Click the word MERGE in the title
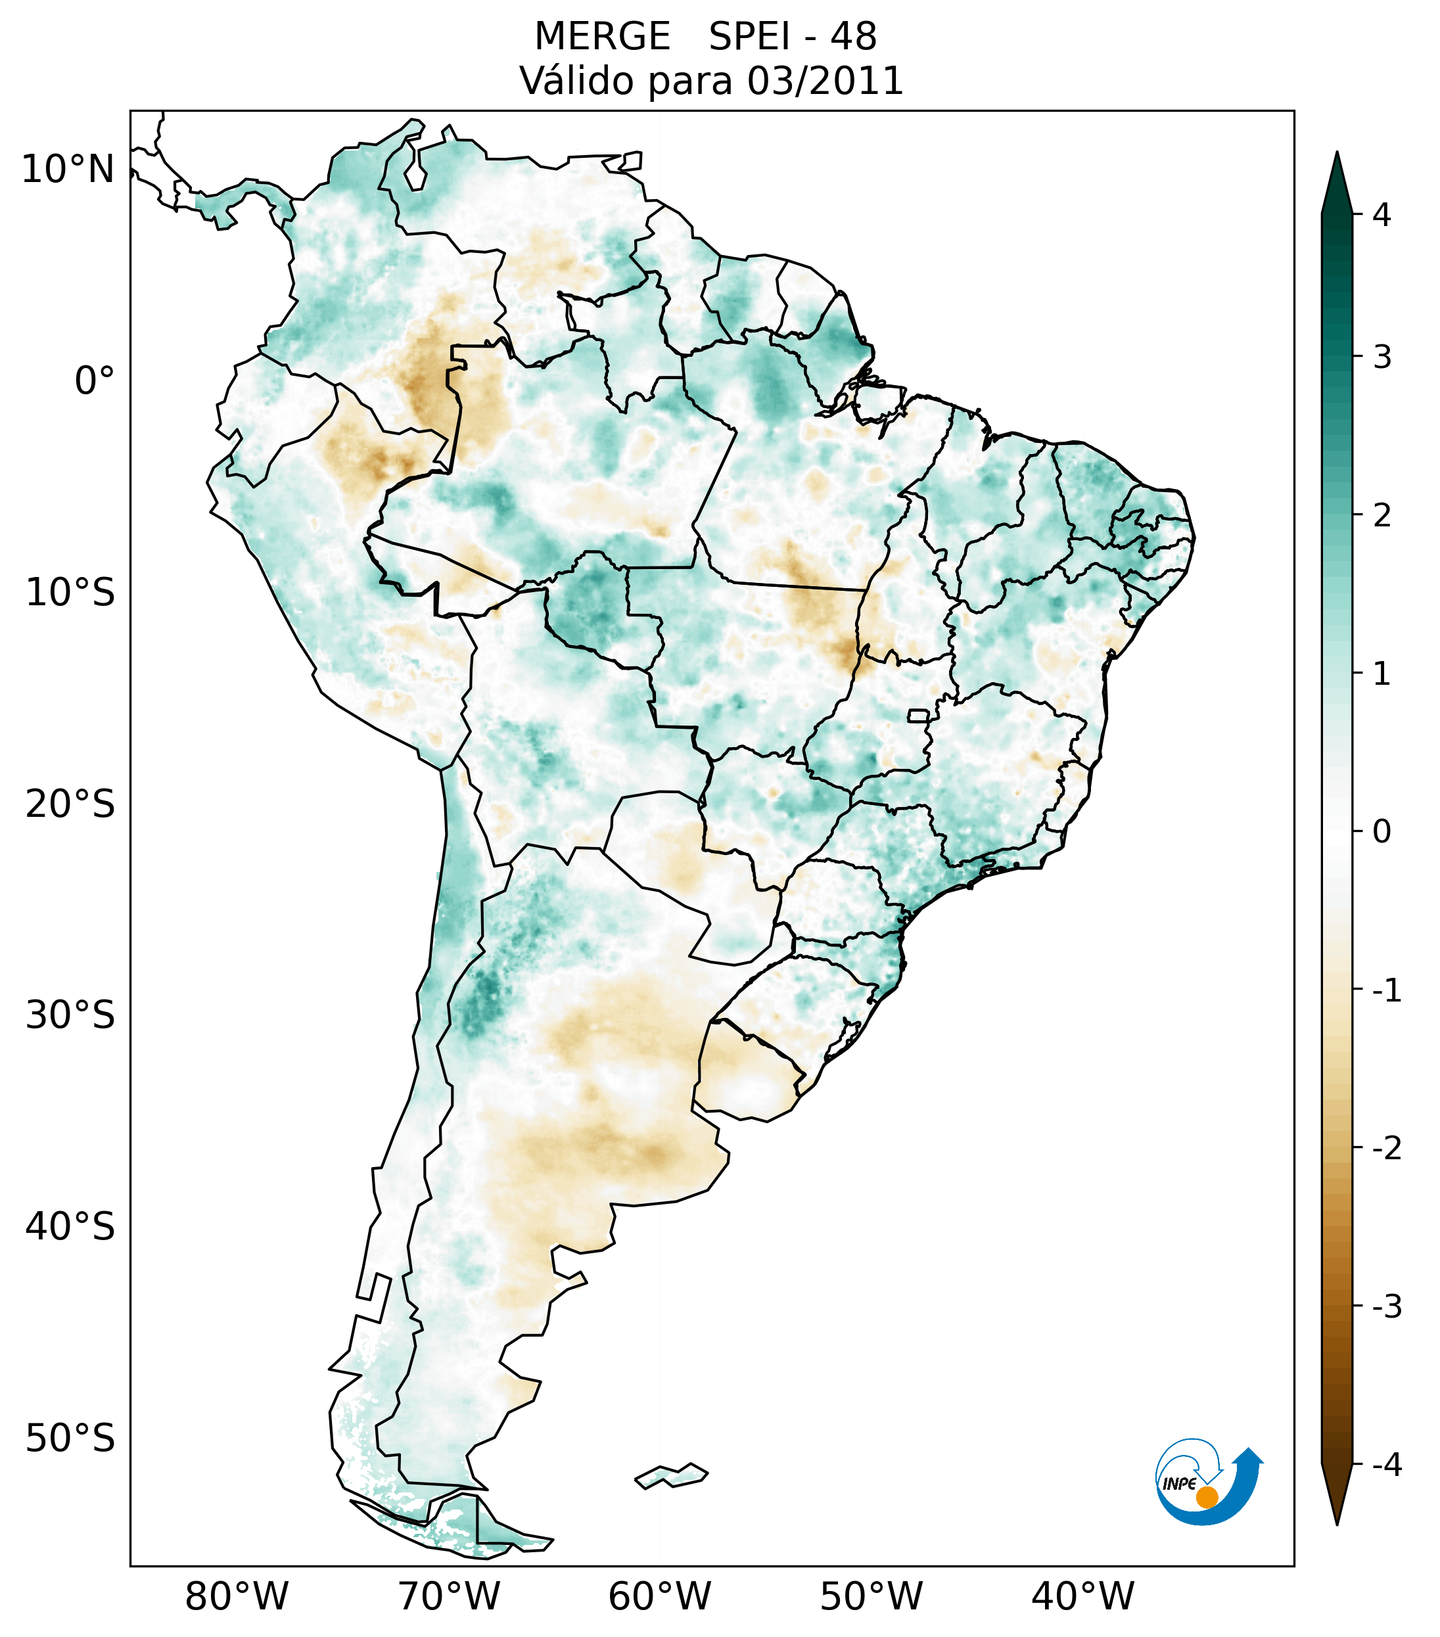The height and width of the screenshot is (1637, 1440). coord(601,37)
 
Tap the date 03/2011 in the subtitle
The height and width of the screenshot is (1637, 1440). coord(825,81)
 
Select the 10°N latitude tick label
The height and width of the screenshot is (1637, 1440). coord(68,170)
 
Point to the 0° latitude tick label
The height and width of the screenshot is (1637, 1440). coord(95,381)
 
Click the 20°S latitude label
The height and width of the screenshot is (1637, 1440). coord(70,804)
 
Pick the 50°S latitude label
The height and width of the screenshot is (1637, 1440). coord(70,1439)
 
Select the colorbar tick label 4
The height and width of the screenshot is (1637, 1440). coord(1382,215)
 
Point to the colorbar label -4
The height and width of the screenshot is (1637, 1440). coord(1386,1465)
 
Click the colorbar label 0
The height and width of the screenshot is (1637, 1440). coord(1382,832)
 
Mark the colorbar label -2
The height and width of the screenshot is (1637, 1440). coord(1386,1149)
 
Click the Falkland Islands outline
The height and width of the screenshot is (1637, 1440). coord(671,1475)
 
